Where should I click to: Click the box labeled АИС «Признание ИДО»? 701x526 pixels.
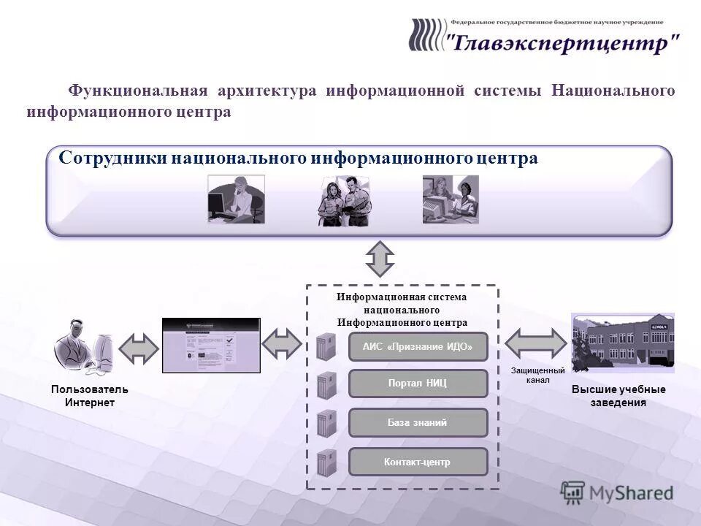point(418,347)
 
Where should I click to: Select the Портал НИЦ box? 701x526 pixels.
point(418,384)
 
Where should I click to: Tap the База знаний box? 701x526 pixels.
point(418,422)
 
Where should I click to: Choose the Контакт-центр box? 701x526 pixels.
point(418,462)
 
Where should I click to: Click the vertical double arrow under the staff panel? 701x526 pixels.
point(380,259)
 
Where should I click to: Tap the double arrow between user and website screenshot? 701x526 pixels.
point(139,348)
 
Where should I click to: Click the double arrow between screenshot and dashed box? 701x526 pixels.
point(281,343)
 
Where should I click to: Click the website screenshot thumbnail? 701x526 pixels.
point(211,346)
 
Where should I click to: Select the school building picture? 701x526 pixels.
point(622,343)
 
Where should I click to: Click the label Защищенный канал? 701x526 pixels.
point(537,376)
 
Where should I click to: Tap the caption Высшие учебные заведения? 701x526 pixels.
point(618,396)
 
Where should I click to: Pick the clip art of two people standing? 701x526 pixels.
point(343,201)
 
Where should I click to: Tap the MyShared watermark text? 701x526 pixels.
point(631,492)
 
